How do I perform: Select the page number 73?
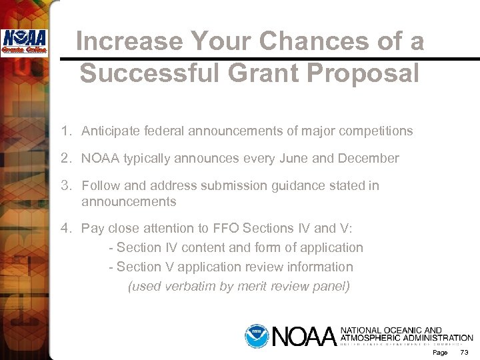[465, 352]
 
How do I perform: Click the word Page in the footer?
[440, 352]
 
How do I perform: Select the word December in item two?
[369, 159]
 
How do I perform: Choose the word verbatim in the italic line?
[192, 287]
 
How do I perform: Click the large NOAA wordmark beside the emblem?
[303, 336]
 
